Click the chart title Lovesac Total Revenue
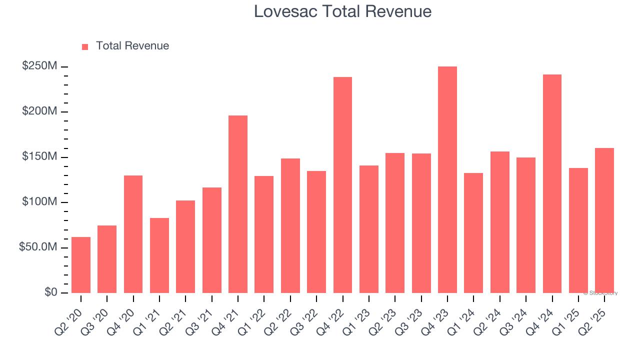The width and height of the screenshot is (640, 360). (x=342, y=11)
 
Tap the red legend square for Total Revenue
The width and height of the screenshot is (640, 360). (x=85, y=46)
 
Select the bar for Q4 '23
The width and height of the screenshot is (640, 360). (x=447, y=179)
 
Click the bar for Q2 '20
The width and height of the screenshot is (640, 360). (x=81, y=264)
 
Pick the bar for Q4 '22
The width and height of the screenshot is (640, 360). (x=342, y=184)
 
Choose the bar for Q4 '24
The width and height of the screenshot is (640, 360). (x=552, y=183)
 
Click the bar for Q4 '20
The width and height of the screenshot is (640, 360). (x=133, y=234)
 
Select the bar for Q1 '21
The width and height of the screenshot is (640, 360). (x=159, y=255)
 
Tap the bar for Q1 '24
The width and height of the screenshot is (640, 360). (x=473, y=232)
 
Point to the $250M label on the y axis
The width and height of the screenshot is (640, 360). (x=39, y=66)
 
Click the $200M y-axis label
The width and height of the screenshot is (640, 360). (x=39, y=111)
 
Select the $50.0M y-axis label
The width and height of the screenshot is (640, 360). (x=37, y=247)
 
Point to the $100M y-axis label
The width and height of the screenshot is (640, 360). (x=39, y=202)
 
